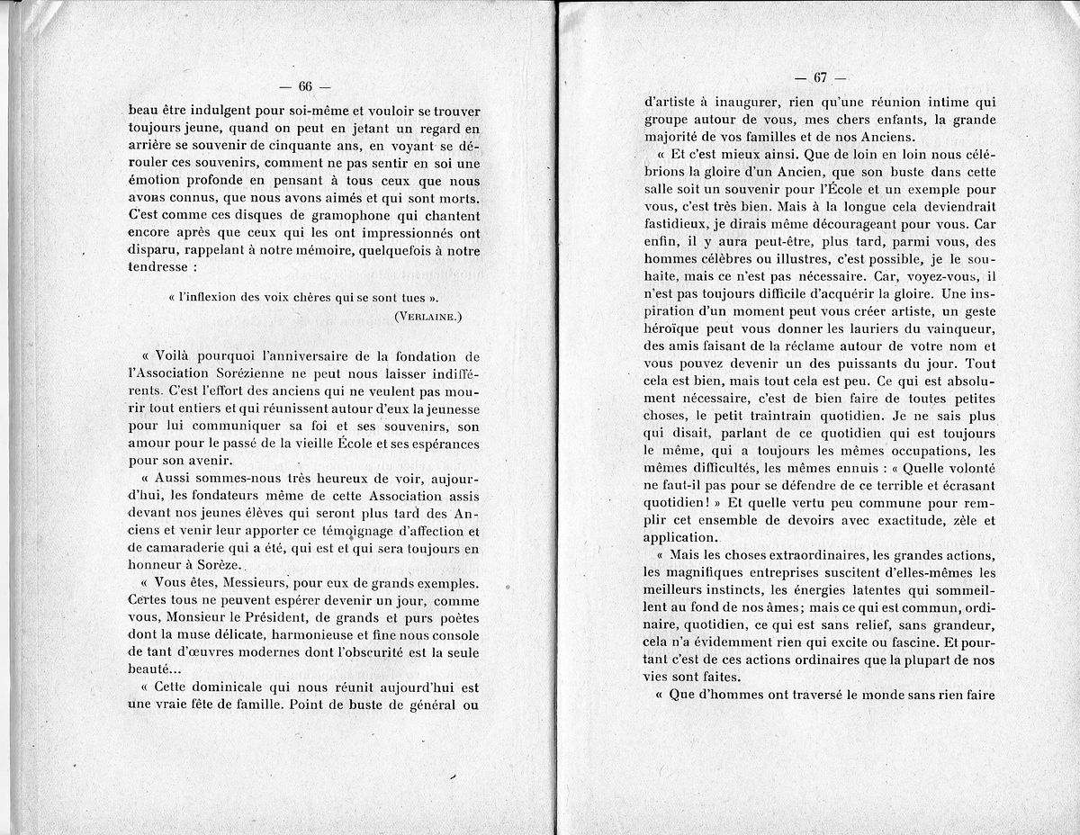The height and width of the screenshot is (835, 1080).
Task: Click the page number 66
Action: pos(304,86)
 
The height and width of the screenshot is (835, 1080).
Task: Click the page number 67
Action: pos(820,78)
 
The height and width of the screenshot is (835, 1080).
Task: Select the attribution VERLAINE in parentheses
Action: pos(427,315)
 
